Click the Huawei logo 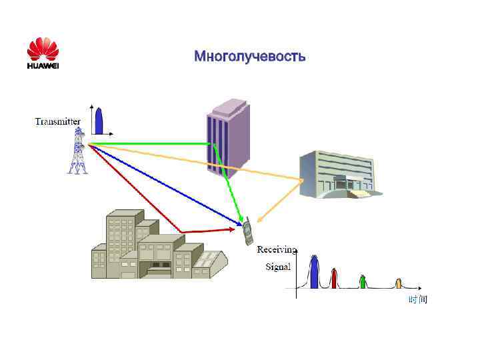click(43, 53)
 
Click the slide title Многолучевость click(250, 57)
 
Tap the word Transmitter click(57, 121)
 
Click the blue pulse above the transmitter click(99, 121)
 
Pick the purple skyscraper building click(227, 137)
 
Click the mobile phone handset click(247, 230)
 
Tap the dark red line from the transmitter click(133, 187)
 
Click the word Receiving click(277, 250)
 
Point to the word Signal click(278, 267)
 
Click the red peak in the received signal click(334, 278)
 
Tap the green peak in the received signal click(362, 281)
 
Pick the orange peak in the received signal click(399, 283)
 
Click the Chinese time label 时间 click(418, 300)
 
